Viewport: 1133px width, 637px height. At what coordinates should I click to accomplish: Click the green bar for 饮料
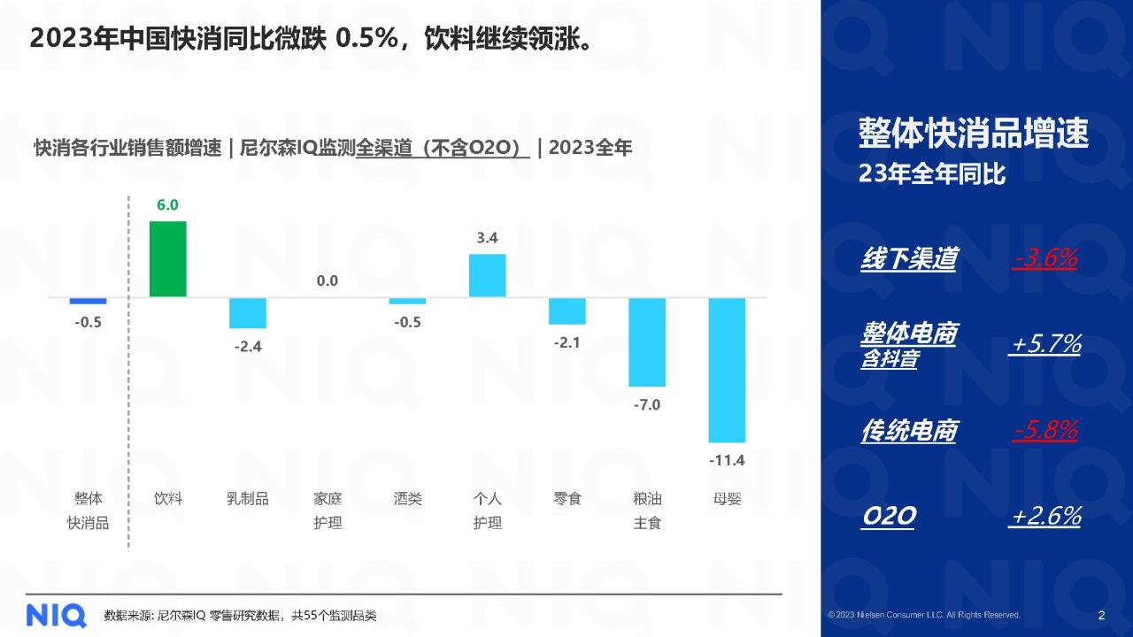pyautogui.click(x=167, y=258)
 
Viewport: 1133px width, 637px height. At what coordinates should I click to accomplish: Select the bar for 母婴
pyautogui.click(x=727, y=369)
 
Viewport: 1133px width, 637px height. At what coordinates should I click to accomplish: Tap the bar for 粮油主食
pyautogui.click(x=647, y=342)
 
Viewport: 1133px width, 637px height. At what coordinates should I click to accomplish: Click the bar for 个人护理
pyautogui.click(x=487, y=275)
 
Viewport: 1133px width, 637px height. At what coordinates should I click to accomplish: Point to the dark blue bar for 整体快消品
pyautogui.click(x=89, y=301)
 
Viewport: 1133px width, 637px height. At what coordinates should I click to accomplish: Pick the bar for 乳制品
pyautogui.click(x=248, y=312)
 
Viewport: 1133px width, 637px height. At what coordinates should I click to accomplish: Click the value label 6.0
pyautogui.click(x=167, y=205)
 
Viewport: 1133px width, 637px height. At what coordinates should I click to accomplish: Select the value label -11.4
pyautogui.click(x=727, y=460)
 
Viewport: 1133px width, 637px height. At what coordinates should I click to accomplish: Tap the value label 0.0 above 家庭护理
pyautogui.click(x=328, y=281)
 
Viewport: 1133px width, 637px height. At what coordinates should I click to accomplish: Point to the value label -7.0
pyautogui.click(x=647, y=405)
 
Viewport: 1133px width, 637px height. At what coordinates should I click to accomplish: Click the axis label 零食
pyautogui.click(x=567, y=499)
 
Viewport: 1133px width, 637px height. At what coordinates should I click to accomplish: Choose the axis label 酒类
pyautogui.click(x=407, y=499)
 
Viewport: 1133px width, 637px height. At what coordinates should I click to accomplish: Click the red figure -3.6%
pyautogui.click(x=1045, y=258)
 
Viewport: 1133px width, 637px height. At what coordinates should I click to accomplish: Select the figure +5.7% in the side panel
pyautogui.click(x=1045, y=344)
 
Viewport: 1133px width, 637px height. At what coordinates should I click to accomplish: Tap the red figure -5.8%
pyautogui.click(x=1045, y=431)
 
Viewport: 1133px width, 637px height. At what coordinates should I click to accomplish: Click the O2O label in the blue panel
pyautogui.click(x=888, y=517)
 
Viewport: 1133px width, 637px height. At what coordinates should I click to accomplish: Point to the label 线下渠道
pyautogui.click(x=908, y=258)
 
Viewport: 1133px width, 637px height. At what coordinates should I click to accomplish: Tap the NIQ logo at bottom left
pyautogui.click(x=56, y=614)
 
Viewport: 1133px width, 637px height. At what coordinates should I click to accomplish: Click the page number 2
pyautogui.click(x=1101, y=615)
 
